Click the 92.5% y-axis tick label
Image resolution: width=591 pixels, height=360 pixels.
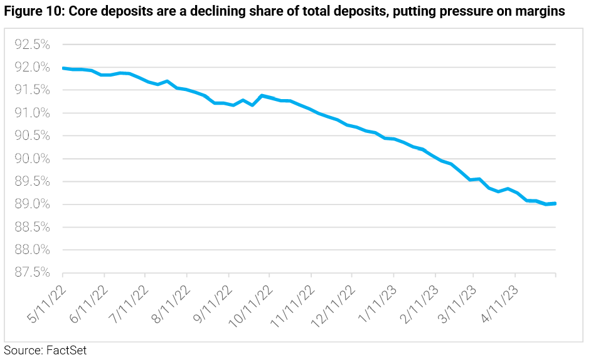(x=32, y=45)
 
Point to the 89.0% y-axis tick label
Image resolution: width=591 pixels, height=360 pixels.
(x=32, y=204)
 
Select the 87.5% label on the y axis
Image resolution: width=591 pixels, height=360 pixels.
(x=32, y=273)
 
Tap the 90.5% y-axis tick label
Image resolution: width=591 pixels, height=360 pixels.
(x=32, y=136)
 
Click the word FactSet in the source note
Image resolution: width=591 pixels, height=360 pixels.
(x=66, y=351)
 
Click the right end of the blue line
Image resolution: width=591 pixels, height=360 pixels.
(x=556, y=203)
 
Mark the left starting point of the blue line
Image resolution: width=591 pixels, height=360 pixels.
(x=63, y=68)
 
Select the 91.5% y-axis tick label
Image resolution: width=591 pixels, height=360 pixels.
(x=32, y=90)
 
